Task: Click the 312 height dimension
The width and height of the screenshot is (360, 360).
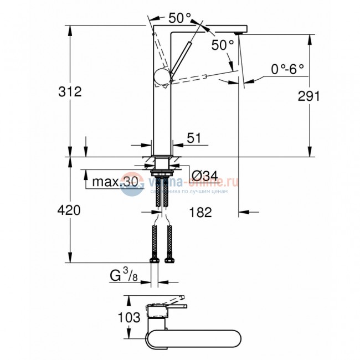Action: click(70, 91)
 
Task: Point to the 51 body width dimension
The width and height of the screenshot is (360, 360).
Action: click(194, 138)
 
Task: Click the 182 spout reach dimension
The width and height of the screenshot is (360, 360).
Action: click(200, 212)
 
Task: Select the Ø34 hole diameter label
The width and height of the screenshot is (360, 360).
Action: click(204, 177)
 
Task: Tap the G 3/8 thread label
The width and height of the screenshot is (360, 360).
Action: click(123, 275)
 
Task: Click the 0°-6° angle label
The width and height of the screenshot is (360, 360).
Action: click(287, 69)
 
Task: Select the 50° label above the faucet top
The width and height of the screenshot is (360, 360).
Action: click(180, 18)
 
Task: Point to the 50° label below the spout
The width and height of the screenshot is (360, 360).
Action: click(223, 45)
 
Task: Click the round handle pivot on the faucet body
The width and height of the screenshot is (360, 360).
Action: click(163, 77)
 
